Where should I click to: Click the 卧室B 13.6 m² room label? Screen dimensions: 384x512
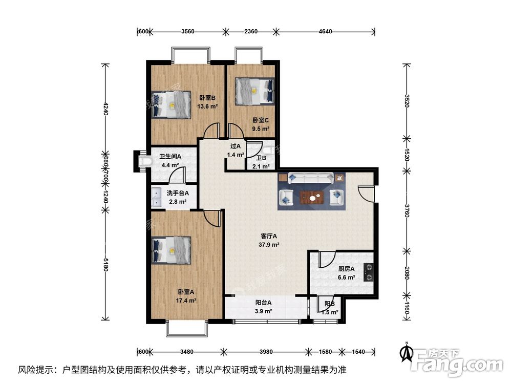coord(207,102)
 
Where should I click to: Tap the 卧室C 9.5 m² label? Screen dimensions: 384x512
coord(261,125)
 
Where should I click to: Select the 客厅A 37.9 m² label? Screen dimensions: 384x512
coord(269,240)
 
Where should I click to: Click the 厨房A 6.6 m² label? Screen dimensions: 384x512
coord(347,273)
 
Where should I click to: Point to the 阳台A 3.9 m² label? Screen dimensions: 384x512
coord(264,306)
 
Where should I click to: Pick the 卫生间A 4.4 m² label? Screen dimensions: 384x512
coord(169,161)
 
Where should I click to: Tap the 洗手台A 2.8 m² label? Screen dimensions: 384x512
coord(177,197)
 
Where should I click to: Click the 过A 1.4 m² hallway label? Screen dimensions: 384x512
coord(236,150)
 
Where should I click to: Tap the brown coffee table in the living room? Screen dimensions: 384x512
coord(311,197)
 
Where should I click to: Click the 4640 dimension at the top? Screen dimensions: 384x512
coord(326,31)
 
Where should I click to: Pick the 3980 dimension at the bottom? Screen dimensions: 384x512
coord(266,351)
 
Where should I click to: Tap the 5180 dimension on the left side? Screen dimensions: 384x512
coord(105,266)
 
